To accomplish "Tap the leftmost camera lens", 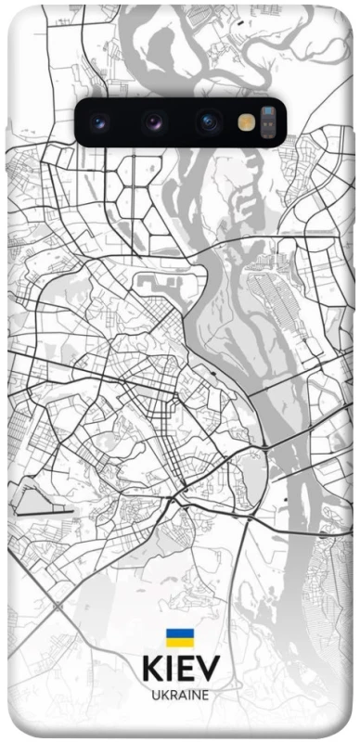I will click(99, 122).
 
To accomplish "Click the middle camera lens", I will click(153, 122).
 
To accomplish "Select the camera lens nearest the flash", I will click(208, 122).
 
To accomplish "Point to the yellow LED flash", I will click(246, 122).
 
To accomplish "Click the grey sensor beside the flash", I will click(268, 122).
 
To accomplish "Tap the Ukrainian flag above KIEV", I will click(179, 638).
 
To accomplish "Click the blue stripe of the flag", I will click(179, 633).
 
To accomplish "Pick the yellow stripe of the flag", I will click(179, 643).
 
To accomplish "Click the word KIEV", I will click(182, 670).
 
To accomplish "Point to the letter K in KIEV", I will click(152, 670).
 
